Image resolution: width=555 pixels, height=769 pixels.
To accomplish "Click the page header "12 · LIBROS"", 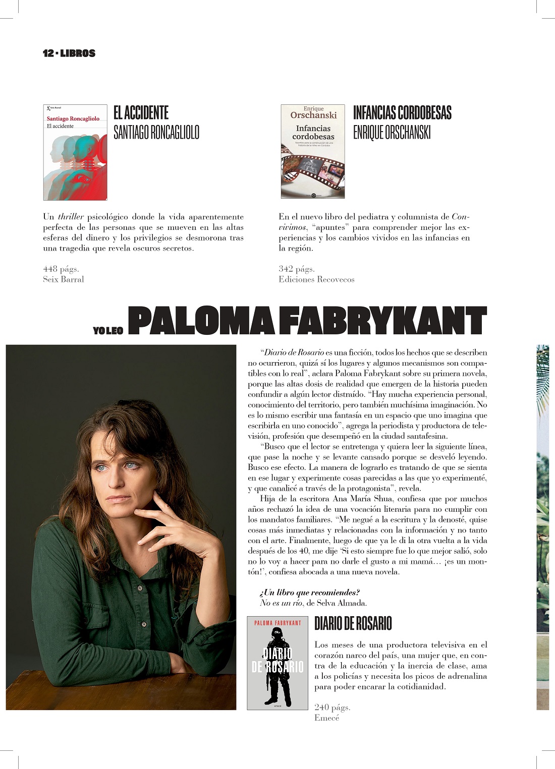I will (69, 53).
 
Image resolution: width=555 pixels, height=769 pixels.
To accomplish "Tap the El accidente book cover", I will (75, 152).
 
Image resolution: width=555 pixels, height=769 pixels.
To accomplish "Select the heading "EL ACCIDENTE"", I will (141, 112).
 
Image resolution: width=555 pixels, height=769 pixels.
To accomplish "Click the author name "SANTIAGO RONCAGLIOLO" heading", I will (156, 133).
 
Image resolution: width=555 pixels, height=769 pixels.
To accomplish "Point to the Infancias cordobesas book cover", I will (313, 151).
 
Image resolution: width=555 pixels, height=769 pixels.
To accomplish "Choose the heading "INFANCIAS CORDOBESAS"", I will (402, 112).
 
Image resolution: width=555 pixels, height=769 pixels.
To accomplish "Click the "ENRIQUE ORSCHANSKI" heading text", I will (392, 133).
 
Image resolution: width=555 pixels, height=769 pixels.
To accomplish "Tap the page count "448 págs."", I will (61, 269).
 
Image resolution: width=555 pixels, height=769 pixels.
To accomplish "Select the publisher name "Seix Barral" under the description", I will (64, 279).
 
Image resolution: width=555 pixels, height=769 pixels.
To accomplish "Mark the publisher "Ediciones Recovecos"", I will (316, 279).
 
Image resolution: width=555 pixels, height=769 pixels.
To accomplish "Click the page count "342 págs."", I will (297, 269).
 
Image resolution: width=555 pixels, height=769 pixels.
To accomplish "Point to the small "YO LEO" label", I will (108, 331).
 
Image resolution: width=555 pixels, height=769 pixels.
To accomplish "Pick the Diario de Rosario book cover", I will (277, 663).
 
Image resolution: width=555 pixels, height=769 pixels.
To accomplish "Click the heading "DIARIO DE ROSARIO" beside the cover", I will (353, 624).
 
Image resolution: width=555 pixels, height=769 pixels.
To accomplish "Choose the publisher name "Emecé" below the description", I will (327, 718).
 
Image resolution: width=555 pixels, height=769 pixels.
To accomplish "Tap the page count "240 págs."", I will (332, 707).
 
